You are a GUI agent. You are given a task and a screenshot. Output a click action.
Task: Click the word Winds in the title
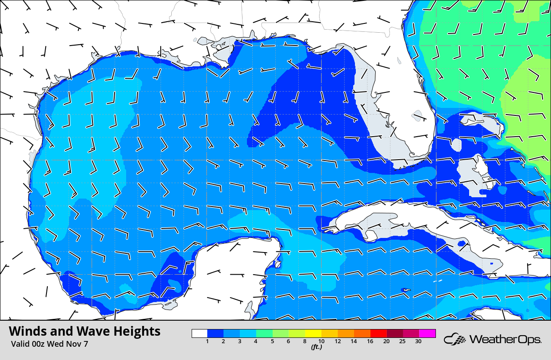pyautogui.click(x=28, y=331)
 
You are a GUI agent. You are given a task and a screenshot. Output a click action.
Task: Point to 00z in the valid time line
pyautogui.click(x=39, y=344)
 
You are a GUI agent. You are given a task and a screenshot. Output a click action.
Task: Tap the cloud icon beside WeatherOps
pyautogui.click(x=455, y=340)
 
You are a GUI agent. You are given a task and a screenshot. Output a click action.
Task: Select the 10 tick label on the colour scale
pyautogui.click(x=321, y=341)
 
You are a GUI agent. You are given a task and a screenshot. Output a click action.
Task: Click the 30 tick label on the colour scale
pyautogui.click(x=418, y=341)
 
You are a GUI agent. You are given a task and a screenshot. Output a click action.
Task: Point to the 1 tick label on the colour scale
pyautogui.click(x=207, y=341)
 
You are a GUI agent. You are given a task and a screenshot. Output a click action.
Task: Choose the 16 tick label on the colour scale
pyautogui.click(x=370, y=341)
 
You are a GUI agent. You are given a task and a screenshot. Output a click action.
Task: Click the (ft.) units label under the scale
pyautogui.click(x=316, y=347)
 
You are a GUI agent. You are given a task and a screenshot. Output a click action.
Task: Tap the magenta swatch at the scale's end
pyautogui.click(x=428, y=333)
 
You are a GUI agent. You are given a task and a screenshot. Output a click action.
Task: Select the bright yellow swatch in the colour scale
pyautogui.click(x=314, y=333)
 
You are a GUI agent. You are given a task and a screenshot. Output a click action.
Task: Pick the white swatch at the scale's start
pyautogui.click(x=200, y=333)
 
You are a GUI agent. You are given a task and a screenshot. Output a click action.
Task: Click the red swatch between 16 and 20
pyautogui.click(x=379, y=333)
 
